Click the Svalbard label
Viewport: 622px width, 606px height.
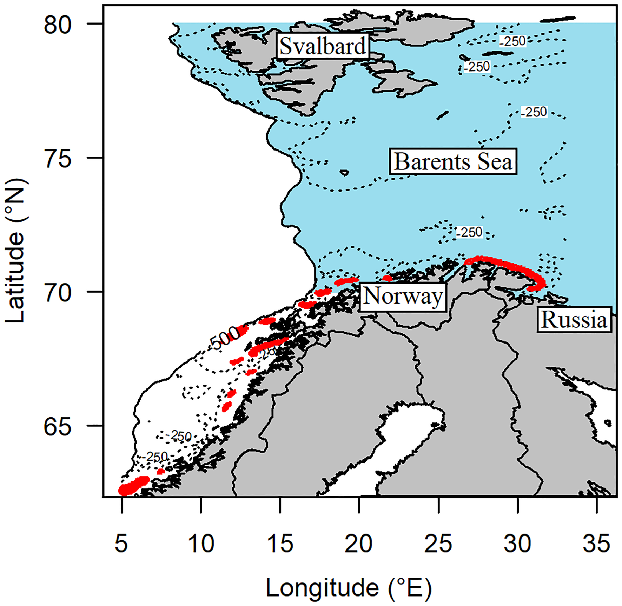tap(323, 46)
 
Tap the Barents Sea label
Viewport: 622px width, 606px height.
tap(453, 161)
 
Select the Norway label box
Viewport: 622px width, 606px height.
tap(403, 297)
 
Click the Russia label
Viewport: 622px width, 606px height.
tap(574, 320)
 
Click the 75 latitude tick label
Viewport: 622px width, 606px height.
tap(58, 159)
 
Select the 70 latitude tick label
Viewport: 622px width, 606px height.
tap(58, 293)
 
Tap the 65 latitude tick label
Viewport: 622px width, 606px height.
tap(58, 427)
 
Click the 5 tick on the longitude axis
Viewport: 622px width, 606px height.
tap(121, 544)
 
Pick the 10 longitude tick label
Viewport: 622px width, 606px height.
tap(201, 544)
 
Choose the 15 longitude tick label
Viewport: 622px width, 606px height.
tap(280, 544)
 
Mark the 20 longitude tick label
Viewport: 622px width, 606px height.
tap(359, 544)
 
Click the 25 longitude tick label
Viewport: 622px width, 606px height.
tap(438, 544)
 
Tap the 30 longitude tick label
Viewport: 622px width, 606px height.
tap(517, 544)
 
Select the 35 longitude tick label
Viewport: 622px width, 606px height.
tap(597, 544)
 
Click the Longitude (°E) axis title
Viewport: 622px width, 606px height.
tap(349, 588)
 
